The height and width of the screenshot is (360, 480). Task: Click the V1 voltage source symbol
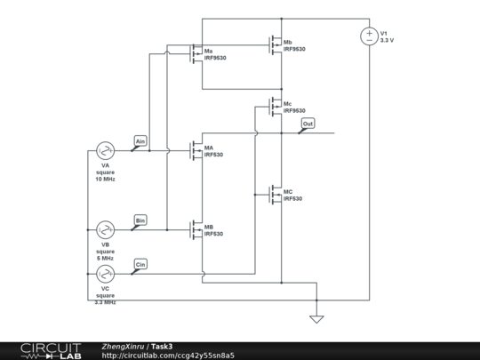point(369,36)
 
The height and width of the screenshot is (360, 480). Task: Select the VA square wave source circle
point(105,151)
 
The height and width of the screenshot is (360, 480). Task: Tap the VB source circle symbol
point(105,229)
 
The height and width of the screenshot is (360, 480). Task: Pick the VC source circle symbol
point(105,274)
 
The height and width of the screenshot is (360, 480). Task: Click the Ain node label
point(140,141)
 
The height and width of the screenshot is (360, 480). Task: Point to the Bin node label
point(140,220)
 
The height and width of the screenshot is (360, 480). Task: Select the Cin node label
point(140,264)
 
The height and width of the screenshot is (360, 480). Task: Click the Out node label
point(308,124)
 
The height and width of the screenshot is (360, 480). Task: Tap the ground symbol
point(316,318)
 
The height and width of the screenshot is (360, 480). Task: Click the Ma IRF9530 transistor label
point(214,54)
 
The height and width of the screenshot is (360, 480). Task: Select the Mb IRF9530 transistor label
point(292,45)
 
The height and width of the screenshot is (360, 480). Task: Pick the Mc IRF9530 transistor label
point(292,107)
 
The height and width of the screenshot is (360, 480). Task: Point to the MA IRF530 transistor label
point(213,151)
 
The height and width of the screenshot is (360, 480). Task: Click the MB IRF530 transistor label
point(213,230)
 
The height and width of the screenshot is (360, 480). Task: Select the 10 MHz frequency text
point(105,180)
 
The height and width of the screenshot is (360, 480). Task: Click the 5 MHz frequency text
point(105,257)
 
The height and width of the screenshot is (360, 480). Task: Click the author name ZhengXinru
point(124,346)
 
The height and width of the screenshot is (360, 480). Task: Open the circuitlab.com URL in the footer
point(168,355)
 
